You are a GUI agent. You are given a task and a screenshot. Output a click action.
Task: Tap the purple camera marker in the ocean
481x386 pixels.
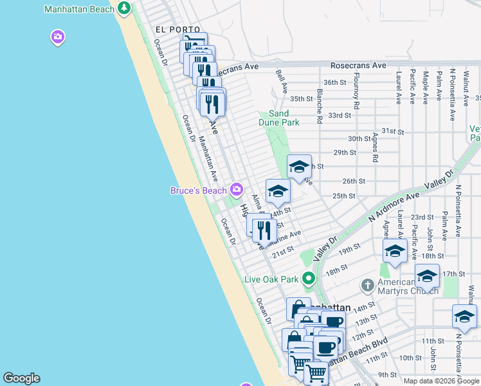[x=58, y=38]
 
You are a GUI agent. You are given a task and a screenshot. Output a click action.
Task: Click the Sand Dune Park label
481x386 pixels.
[x=284, y=118]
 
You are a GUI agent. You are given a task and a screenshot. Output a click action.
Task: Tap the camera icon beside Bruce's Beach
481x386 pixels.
[x=237, y=189]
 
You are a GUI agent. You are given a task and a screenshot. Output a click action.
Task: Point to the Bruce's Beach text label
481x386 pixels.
[x=198, y=190]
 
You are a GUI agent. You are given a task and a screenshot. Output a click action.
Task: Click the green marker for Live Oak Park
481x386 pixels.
[x=309, y=279]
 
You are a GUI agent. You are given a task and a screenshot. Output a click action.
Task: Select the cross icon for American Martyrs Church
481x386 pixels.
[x=367, y=284]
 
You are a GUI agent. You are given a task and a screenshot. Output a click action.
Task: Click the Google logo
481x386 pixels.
[x=21, y=378]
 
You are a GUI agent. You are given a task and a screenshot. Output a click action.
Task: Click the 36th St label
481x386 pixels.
[x=334, y=82]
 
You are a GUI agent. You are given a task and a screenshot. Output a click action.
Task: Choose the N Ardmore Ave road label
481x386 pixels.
[x=394, y=207]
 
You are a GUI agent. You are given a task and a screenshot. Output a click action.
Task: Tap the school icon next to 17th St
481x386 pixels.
[x=427, y=275]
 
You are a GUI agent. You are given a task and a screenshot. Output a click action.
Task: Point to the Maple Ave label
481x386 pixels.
[x=425, y=87]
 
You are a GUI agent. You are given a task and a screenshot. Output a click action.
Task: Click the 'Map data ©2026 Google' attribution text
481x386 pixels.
[x=441, y=381]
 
